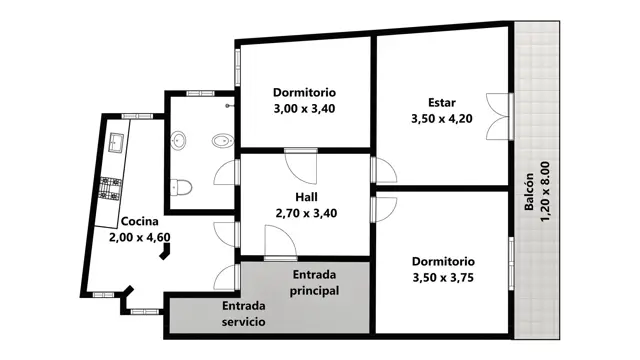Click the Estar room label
[442, 102]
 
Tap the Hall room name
[306, 197]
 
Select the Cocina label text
[140, 221]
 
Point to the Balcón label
[529, 192]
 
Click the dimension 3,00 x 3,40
[304, 109]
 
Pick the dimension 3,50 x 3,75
[443, 278]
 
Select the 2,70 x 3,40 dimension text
[306, 213]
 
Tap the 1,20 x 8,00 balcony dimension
[545, 192]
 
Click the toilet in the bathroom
[181, 188]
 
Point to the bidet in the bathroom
[222, 141]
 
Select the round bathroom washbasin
[178, 140]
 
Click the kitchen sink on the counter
[117, 143]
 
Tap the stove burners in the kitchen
[111, 189]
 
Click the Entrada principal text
[314, 282]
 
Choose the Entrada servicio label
[244, 313]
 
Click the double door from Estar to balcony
[499, 116]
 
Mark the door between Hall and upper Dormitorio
[301, 166]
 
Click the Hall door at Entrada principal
[280, 243]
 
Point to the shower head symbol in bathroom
[229, 106]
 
